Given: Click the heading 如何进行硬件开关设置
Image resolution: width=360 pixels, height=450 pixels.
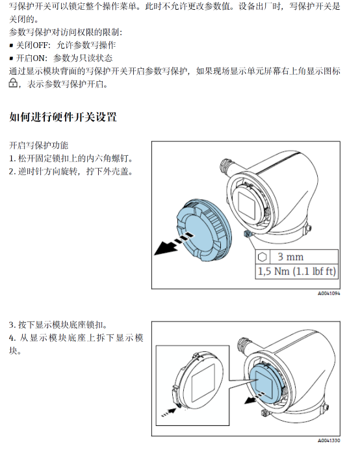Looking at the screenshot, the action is tap(63, 117).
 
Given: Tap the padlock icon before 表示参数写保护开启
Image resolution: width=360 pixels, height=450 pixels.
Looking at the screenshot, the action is tap(13, 82).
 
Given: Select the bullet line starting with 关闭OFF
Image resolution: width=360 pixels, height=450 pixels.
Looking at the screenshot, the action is tap(62, 45).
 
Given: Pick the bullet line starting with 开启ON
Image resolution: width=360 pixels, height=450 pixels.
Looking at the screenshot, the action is tap(61, 58).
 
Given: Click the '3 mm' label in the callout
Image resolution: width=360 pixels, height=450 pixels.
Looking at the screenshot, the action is tap(290, 256).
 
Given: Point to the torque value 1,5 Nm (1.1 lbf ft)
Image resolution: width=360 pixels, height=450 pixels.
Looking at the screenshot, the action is tap(297, 271).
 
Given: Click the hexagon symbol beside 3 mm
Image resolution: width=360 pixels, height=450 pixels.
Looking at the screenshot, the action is tap(262, 257).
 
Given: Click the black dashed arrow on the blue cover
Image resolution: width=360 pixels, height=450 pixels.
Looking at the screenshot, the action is tap(174, 244).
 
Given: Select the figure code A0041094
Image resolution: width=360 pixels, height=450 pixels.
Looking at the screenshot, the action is tap(329, 294).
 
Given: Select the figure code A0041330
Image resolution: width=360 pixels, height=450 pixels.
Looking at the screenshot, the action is tap(329, 440).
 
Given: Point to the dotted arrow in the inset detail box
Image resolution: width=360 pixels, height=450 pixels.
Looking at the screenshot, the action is tap(169, 412).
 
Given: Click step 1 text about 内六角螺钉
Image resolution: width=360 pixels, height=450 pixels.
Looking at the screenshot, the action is tap(71, 158).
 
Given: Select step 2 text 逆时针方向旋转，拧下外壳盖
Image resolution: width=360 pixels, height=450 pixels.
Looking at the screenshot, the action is tap(71, 171).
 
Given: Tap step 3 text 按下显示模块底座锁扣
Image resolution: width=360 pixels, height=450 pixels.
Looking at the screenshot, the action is tap(58, 325).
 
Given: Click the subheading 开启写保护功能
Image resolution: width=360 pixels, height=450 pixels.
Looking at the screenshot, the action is tap(39, 145).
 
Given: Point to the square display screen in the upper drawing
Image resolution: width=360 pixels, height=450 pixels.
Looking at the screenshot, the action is tap(247, 205).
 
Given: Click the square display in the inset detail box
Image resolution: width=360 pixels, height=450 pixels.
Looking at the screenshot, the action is tap(203, 383).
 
